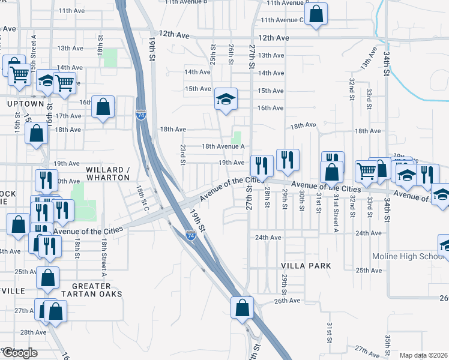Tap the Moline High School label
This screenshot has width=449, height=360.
click(x=411, y=256)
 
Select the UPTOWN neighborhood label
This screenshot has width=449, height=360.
click(x=26, y=104)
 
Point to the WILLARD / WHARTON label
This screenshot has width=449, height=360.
click(x=108, y=173)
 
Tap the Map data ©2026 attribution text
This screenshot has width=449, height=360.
click(x=424, y=355)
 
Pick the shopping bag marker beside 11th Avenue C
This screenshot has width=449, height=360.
click(x=316, y=14)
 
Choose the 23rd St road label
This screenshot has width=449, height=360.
click(x=182, y=153)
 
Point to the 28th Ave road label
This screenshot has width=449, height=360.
click(x=34, y=332)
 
